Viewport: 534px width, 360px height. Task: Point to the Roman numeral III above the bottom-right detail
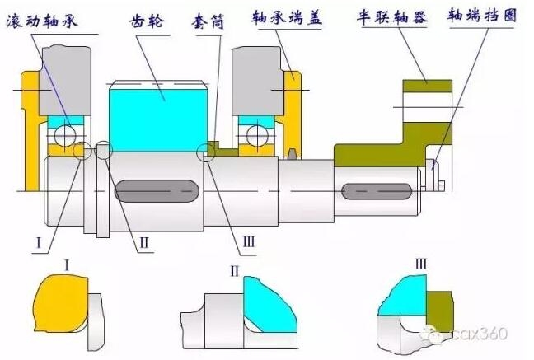[x=420, y=264]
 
